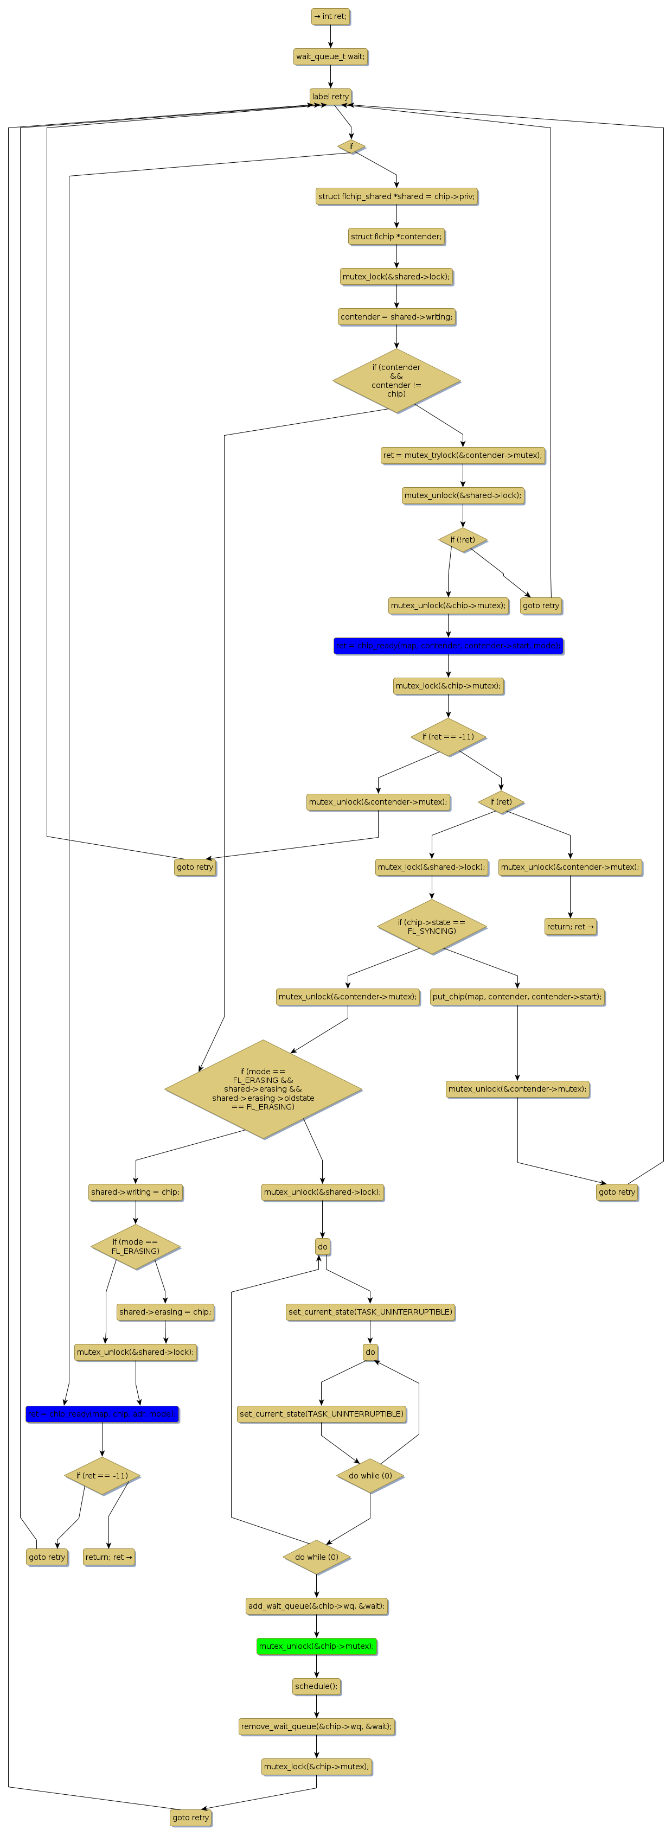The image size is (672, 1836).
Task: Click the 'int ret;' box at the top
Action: tap(330, 16)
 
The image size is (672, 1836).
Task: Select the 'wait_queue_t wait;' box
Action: tap(330, 56)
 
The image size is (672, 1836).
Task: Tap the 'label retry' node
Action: tap(330, 96)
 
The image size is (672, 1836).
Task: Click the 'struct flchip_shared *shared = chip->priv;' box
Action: tap(396, 196)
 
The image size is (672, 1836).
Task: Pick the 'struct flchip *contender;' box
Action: tap(396, 237)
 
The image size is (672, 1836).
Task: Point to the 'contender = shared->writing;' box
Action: tap(396, 316)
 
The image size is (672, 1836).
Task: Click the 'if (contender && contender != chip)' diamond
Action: tap(396, 380)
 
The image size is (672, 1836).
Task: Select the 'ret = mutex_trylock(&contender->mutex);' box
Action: tap(463, 455)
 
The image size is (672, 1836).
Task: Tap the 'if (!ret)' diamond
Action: tap(463, 539)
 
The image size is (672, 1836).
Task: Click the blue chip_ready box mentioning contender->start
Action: tap(448, 646)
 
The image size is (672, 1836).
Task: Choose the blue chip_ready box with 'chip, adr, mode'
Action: tap(102, 1413)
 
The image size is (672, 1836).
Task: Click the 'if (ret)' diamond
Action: tap(501, 801)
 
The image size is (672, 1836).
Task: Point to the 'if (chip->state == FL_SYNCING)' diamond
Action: tap(431, 927)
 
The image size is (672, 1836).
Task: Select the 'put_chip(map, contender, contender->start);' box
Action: tap(517, 997)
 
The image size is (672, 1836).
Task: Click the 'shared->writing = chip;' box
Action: tap(136, 1191)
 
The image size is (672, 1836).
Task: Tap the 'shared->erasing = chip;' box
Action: tap(165, 1311)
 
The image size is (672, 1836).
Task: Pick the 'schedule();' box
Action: tap(316, 1686)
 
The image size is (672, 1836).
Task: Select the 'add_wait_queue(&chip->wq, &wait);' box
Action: tap(316, 1606)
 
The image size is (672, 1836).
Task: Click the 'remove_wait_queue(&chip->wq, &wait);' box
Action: tap(316, 1726)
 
